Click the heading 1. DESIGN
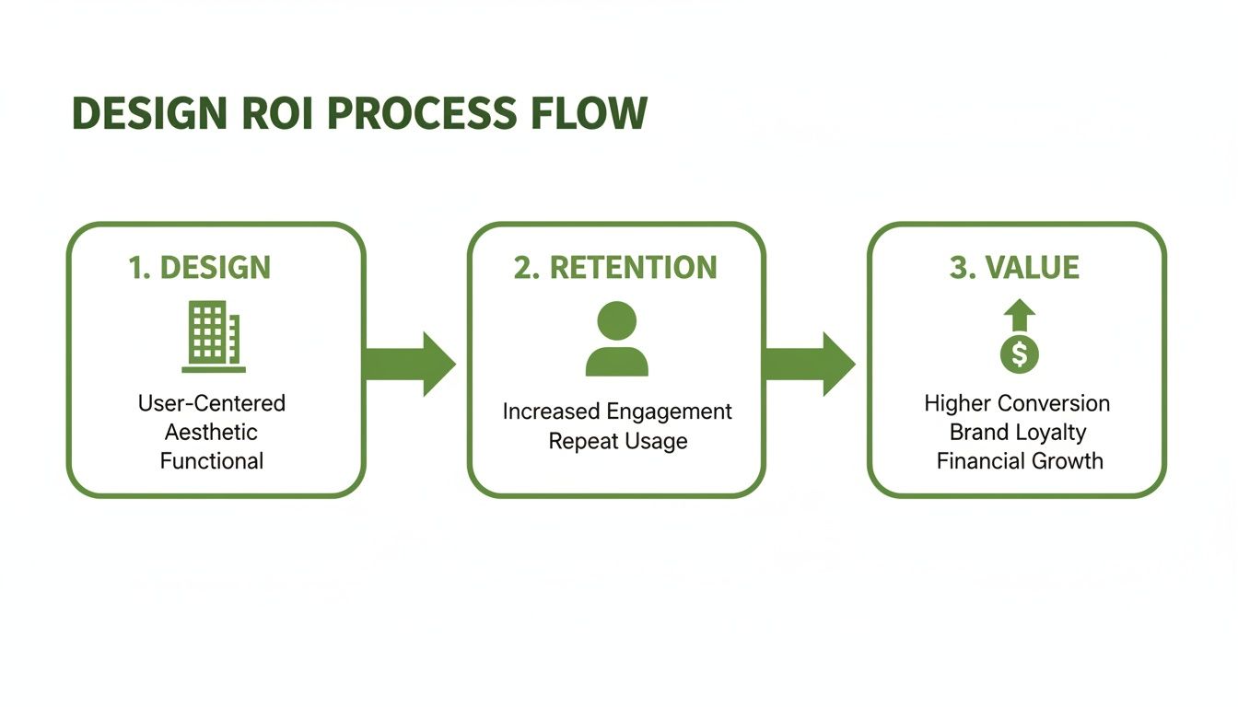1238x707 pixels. pyautogui.click(x=200, y=268)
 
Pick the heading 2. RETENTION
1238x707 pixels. pyautogui.click(x=615, y=268)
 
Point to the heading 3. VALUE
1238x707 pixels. pyautogui.click(x=1014, y=268)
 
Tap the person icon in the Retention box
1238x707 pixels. pyautogui.click(x=616, y=339)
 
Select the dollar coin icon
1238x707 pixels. pyautogui.click(x=1019, y=353)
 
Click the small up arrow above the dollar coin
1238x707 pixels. pyautogui.click(x=1019, y=316)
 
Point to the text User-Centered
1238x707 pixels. pyautogui.click(x=212, y=403)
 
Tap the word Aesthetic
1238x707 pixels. pyautogui.click(x=211, y=432)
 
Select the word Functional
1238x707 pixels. pyautogui.click(x=212, y=460)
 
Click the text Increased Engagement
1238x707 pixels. pyautogui.click(x=617, y=411)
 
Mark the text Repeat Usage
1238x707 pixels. pyautogui.click(x=618, y=441)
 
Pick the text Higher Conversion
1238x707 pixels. pyautogui.click(x=1017, y=403)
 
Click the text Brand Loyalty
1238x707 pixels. pyautogui.click(x=1018, y=432)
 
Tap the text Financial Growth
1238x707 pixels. pyautogui.click(x=1020, y=460)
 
